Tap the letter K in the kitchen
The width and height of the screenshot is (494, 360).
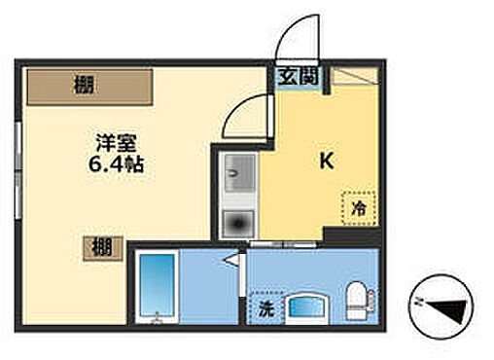(327, 162)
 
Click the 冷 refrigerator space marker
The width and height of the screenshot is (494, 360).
(358, 208)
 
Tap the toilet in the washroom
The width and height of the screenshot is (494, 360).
(356, 297)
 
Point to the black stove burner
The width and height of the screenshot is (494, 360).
(234, 224)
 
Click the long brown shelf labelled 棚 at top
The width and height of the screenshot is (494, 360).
(89, 87)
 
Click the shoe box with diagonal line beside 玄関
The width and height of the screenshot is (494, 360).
(355, 78)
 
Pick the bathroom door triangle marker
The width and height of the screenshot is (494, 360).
(231, 260)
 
